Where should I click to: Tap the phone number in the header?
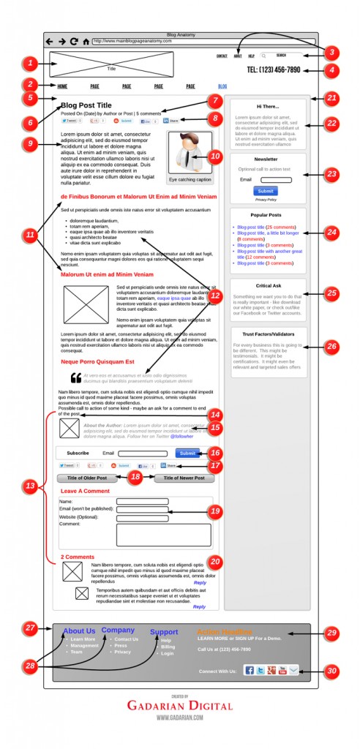click(274, 70)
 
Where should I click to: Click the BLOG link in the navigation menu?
click(222, 86)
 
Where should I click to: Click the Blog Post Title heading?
click(86, 105)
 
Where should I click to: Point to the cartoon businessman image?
click(190, 152)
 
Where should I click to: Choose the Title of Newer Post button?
click(184, 478)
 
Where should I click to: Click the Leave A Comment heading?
click(85, 491)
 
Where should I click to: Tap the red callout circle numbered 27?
click(30, 628)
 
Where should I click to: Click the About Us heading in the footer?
click(79, 631)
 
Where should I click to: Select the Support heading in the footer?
click(164, 632)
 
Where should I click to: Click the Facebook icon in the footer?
click(249, 670)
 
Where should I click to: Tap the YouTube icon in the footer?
click(282, 670)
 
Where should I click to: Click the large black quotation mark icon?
click(75, 378)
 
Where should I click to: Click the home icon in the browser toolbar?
click(86, 42)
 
